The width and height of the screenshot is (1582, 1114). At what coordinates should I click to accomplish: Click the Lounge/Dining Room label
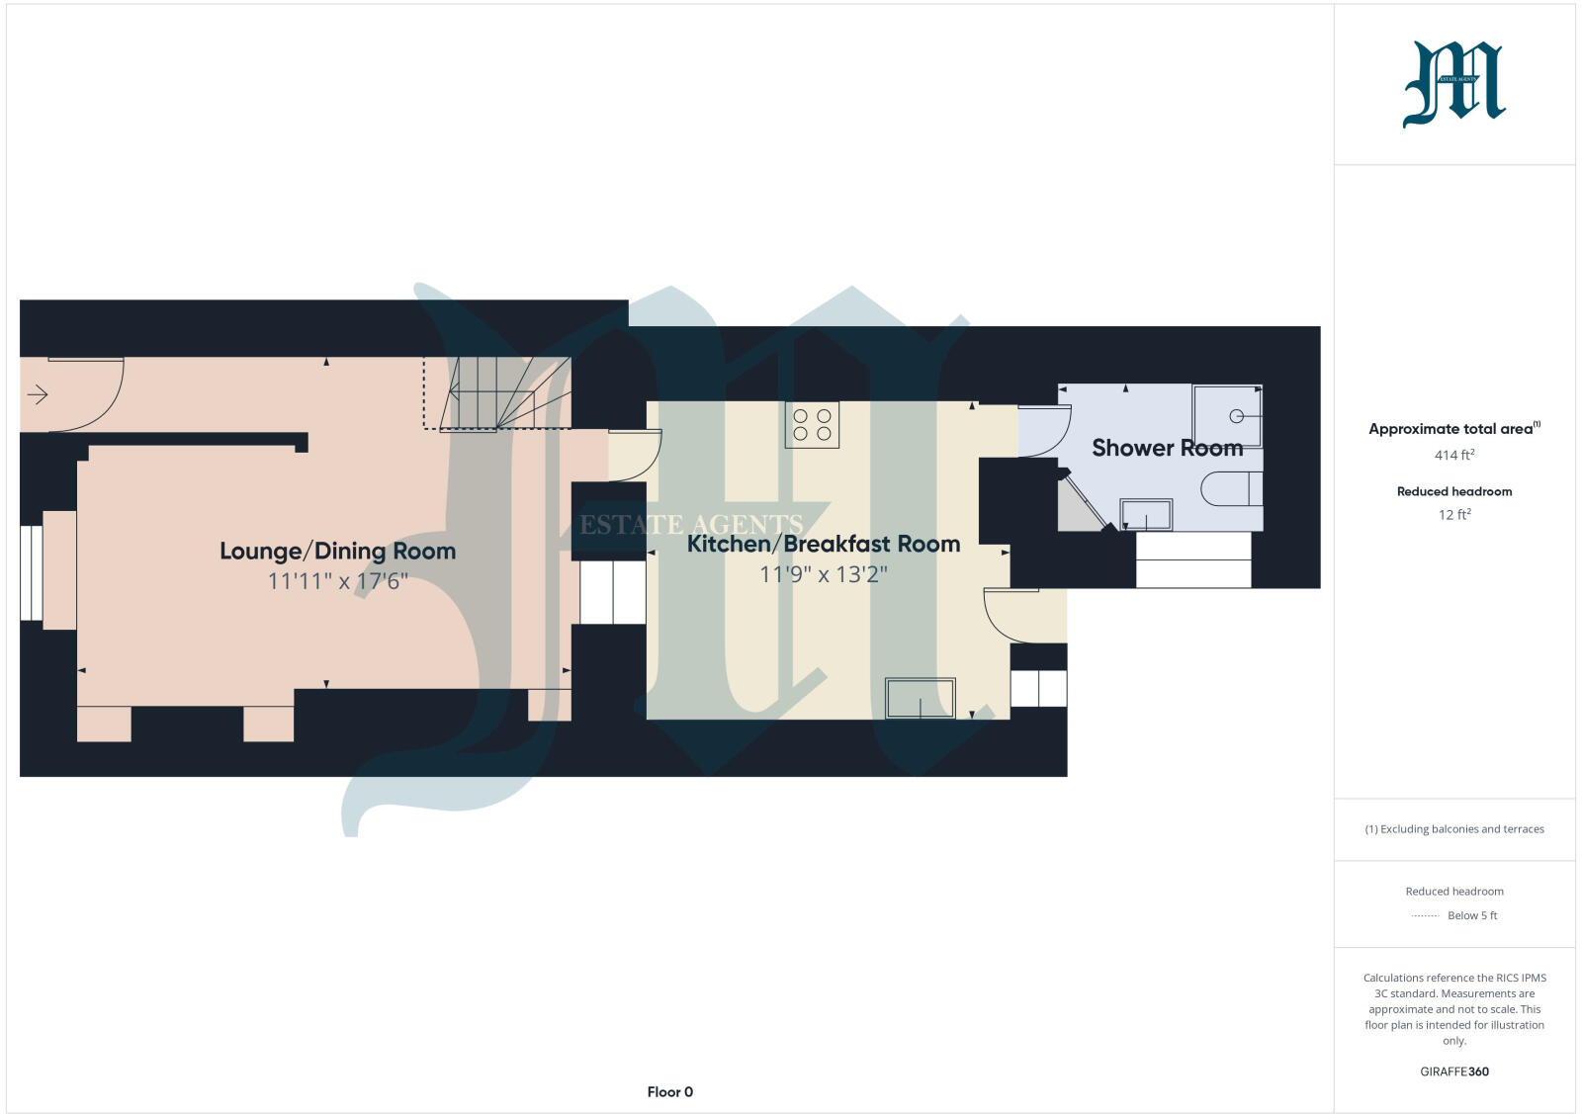(x=337, y=552)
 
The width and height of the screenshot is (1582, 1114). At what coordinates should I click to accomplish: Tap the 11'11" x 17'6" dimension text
(x=337, y=581)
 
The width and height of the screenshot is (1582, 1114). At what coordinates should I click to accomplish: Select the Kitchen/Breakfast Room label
(x=823, y=544)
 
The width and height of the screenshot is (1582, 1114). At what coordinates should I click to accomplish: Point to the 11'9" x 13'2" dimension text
(x=823, y=574)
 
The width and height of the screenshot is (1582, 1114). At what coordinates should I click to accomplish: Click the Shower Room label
(x=1167, y=448)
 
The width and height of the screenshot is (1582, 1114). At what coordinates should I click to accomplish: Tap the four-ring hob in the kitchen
(x=812, y=425)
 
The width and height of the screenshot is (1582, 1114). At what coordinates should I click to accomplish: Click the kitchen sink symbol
(x=920, y=698)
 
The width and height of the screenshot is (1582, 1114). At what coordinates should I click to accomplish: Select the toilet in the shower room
(x=1232, y=488)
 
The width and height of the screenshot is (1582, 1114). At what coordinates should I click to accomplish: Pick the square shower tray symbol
(x=1227, y=416)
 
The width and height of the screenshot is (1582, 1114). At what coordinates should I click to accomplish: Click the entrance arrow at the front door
(x=38, y=395)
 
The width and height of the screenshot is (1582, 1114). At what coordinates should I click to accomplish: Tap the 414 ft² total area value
(x=1454, y=455)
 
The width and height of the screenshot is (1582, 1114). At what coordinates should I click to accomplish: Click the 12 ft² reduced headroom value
(x=1454, y=514)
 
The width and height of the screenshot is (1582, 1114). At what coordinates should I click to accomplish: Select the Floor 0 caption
(x=670, y=1092)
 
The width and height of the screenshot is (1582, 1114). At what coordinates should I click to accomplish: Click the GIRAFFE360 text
(x=1454, y=1071)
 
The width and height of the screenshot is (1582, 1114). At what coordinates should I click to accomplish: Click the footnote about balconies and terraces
(x=1454, y=829)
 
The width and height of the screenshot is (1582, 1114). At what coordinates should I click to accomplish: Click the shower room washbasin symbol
(x=1146, y=514)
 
